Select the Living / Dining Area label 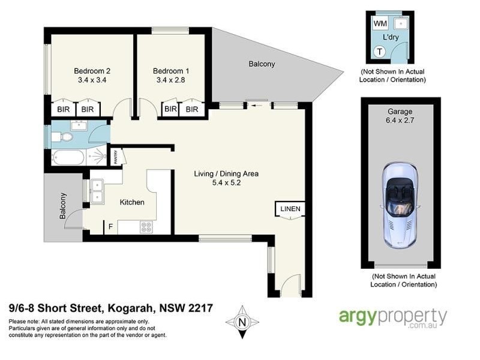[x=226, y=174]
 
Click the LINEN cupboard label [x=290, y=209]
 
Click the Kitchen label [x=131, y=202]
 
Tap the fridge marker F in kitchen [x=110, y=227]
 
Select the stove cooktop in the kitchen [x=146, y=227]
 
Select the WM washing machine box [x=380, y=23]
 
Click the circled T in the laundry [x=380, y=52]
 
